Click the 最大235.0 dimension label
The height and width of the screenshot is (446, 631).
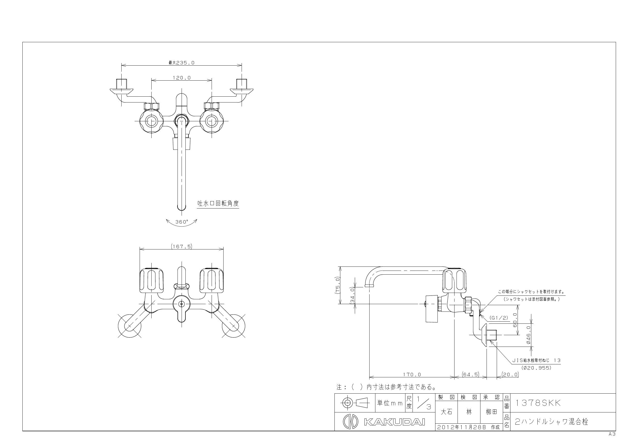[181, 63]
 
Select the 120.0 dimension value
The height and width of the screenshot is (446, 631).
[182, 78]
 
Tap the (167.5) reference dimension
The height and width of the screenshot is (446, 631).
[181, 246]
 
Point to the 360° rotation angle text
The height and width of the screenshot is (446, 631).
[182, 221]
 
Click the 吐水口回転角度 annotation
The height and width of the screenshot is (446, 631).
[218, 203]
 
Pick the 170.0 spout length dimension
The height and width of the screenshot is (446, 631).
[412, 375]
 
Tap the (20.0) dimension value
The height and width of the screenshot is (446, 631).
[510, 374]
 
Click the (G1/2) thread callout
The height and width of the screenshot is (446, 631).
[498, 318]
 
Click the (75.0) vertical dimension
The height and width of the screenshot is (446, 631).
[338, 285]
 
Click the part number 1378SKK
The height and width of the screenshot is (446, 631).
[538, 403]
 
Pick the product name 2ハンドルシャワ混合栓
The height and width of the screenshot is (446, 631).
[551, 422]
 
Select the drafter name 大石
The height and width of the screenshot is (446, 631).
[446, 412]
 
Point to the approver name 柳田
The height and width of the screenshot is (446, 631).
[491, 412]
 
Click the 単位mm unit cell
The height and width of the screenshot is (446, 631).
[390, 403]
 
